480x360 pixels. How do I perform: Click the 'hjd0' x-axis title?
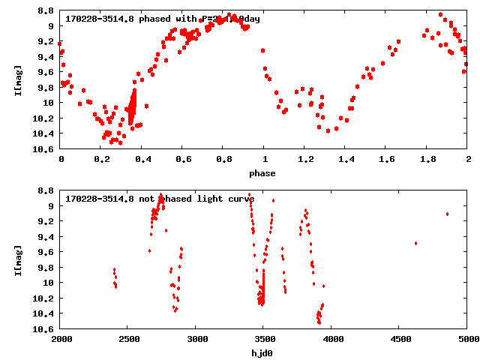pyautogui.click(x=262, y=353)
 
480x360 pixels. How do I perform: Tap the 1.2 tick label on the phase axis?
pyautogui.click(x=304, y=160)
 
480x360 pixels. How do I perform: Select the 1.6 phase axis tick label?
pyautogui.click(x=386, y=160)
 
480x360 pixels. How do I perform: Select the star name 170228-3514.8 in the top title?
pyautogui.click(x=100, y=19)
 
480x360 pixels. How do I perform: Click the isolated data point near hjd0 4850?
pyautogui.click(x=447, y=214)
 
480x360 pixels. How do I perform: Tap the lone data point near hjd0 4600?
pyautogui.click(x=415, y=243)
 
